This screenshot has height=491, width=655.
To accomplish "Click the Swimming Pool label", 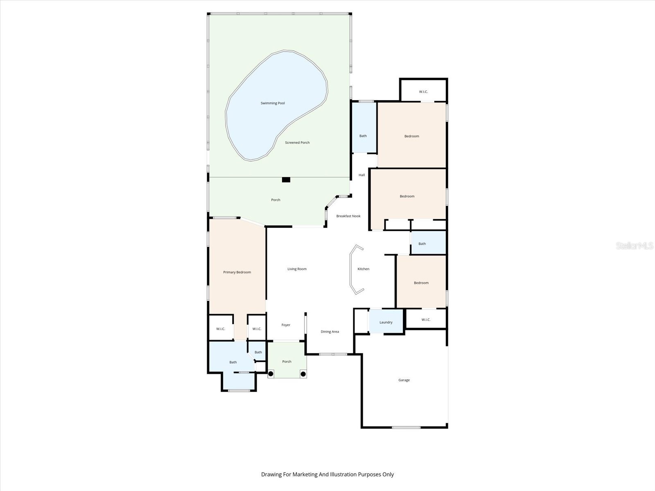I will coord(273,103).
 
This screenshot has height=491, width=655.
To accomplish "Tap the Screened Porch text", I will coord(297,142).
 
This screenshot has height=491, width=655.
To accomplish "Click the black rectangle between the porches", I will coord(286,180).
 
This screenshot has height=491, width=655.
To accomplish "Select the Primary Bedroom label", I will coord(237,272).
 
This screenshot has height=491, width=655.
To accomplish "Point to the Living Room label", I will coord(297,269).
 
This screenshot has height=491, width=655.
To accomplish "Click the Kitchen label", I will coord(363,269).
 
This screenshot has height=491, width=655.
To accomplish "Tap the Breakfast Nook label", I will coord(348,216).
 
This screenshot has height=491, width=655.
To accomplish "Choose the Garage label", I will coord(404,380).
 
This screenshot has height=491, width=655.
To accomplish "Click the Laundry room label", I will coord(386,322).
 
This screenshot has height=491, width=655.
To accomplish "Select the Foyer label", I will coord(286,325).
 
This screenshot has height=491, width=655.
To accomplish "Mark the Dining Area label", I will coord(330,331).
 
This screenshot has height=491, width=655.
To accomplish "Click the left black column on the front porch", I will coord(271,374).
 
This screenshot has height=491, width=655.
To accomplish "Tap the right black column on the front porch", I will coord(303,374).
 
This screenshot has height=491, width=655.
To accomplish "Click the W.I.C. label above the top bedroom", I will coord(423,92).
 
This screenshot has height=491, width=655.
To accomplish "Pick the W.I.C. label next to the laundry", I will coord(426,320).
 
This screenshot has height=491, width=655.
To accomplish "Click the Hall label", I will coord(361,175).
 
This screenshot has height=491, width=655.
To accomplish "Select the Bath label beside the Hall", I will coord(363,136).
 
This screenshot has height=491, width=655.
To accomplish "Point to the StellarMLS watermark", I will coord(635,246).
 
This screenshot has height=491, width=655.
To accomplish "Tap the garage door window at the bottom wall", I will coord(406,428).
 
